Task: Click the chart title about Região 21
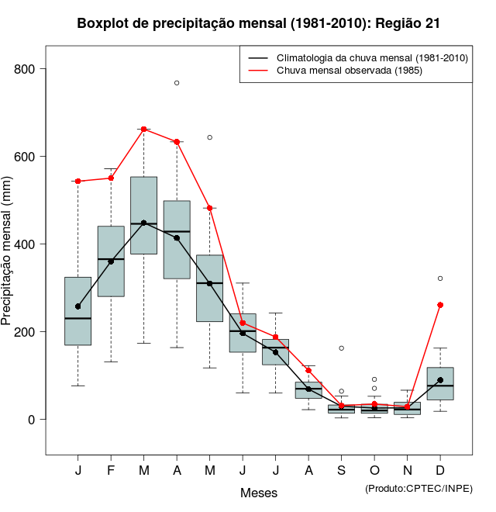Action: [x=259, y=23]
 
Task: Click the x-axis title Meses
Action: [x=259, y=493]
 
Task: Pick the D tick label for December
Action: [x=440, y=472]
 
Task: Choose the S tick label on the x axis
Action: [x=341, y=472]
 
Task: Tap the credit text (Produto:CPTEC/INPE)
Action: [x=418, y=488]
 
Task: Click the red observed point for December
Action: [x=440, y=305]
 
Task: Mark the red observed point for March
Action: [x=143, y=129]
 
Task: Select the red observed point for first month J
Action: [x=78, y=181]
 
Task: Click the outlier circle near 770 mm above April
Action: [x=177, y=82]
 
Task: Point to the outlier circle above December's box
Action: [x=440, y=278]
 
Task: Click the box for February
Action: [x=111, y=261]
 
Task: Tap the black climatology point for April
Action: [x=177, y=237]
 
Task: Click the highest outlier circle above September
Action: [x=341, y=348]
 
